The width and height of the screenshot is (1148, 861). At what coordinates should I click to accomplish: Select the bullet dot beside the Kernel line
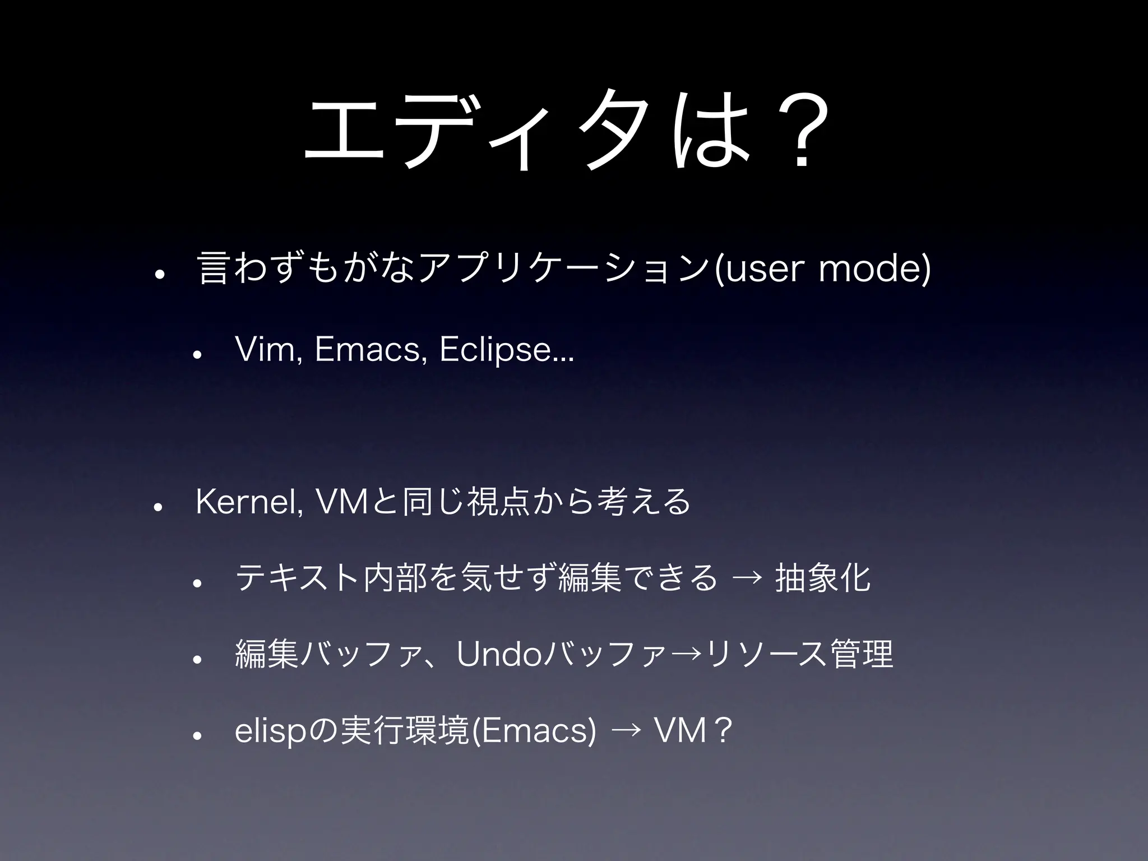coord(158,507)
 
